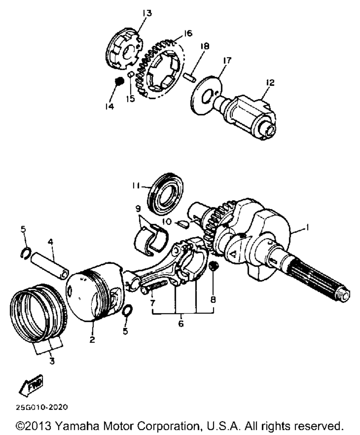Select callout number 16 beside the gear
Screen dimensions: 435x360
pyautogui.click(x=187, y=34)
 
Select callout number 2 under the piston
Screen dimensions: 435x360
pyautogui.click(x=92, y=339)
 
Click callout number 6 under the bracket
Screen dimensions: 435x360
pyautogui.click(x=180, y=324)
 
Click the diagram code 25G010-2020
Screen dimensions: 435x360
pyautogui.click(x=41, y=408)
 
